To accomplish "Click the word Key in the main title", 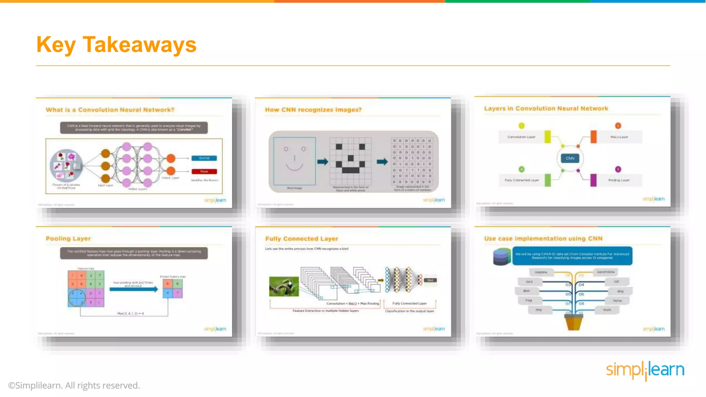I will pyautogui.click(x=56, y=45).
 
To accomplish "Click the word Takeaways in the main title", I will pyautogui.click(x=139, y=45).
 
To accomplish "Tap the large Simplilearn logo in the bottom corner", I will pyautogui.click(x=645, y=370).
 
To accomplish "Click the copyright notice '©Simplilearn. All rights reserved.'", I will pyautogui.click(x=74, y=385).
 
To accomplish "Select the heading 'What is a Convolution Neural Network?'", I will pyautogui.click(x=110, y=110).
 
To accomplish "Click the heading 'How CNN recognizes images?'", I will pyautogui.click(x=313, y=110).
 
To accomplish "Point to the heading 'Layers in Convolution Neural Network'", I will pyautogui.click(x=546, y=109).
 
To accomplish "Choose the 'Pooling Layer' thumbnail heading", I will pyautogui.click(x=68, y=238).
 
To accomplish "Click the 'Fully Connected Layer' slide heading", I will pyautogui.click(x=302, y=239).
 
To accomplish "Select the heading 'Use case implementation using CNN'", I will pyautogui.click(x=543, y=238).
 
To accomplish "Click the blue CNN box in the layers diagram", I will pyautogui.click(x=570, y=159).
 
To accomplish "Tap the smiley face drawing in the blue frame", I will pyautogui.click(x=294, y=161).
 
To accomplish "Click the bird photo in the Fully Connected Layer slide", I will pyautogui.click(x=284, y=286).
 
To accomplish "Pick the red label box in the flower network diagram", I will pyautogui.click(x=204, y=171).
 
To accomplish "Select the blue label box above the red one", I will pyautogui.click(x=204, y=158).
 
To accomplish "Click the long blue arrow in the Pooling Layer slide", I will pyautogui.click(x=133, y=289).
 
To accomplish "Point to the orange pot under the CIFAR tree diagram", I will pyautogui.click(x=573, y=323).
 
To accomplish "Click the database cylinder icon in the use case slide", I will pyautogui.click(x=502, y=257).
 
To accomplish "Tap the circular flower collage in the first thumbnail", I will pyautogui.click(x=66, y=166).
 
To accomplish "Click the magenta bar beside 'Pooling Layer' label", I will pyautogui.click(x=593, y=180).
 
